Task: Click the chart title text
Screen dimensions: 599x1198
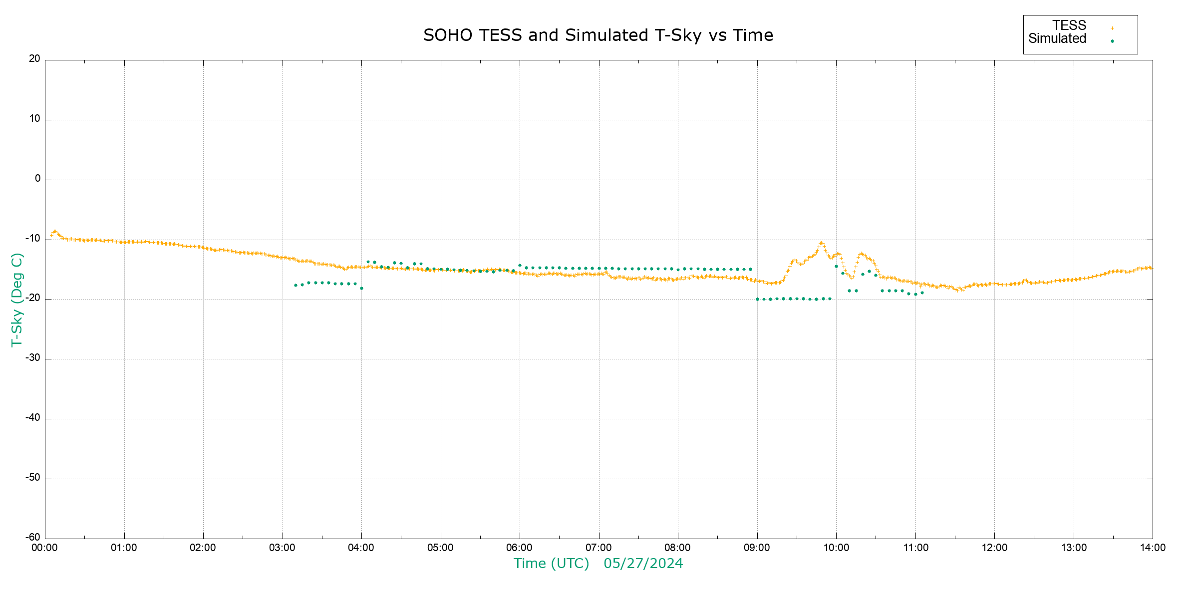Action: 598,35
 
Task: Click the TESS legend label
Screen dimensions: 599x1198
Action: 1069,25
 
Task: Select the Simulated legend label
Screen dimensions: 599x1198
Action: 1057,39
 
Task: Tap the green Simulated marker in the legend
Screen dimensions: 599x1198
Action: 1112,41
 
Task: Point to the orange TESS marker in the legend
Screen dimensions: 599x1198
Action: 1112,28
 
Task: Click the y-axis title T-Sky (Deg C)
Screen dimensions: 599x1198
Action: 17,299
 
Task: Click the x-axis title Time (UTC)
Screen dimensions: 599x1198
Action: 552,564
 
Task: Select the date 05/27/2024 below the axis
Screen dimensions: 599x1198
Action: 643,564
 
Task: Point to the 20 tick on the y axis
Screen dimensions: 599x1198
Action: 34,59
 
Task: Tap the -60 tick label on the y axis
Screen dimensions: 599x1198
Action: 33,538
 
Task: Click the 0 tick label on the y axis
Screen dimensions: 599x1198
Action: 37,179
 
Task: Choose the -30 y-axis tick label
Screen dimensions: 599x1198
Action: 33,358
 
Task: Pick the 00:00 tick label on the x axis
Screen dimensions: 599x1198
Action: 45,548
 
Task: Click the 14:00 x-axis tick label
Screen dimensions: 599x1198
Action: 1153,548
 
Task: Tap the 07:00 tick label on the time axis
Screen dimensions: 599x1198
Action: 599,548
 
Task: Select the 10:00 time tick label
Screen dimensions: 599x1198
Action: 836,548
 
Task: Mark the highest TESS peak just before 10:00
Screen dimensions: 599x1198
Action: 821,243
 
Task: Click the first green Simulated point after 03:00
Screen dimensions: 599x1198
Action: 296,285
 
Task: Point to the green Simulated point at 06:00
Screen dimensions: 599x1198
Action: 520,266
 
